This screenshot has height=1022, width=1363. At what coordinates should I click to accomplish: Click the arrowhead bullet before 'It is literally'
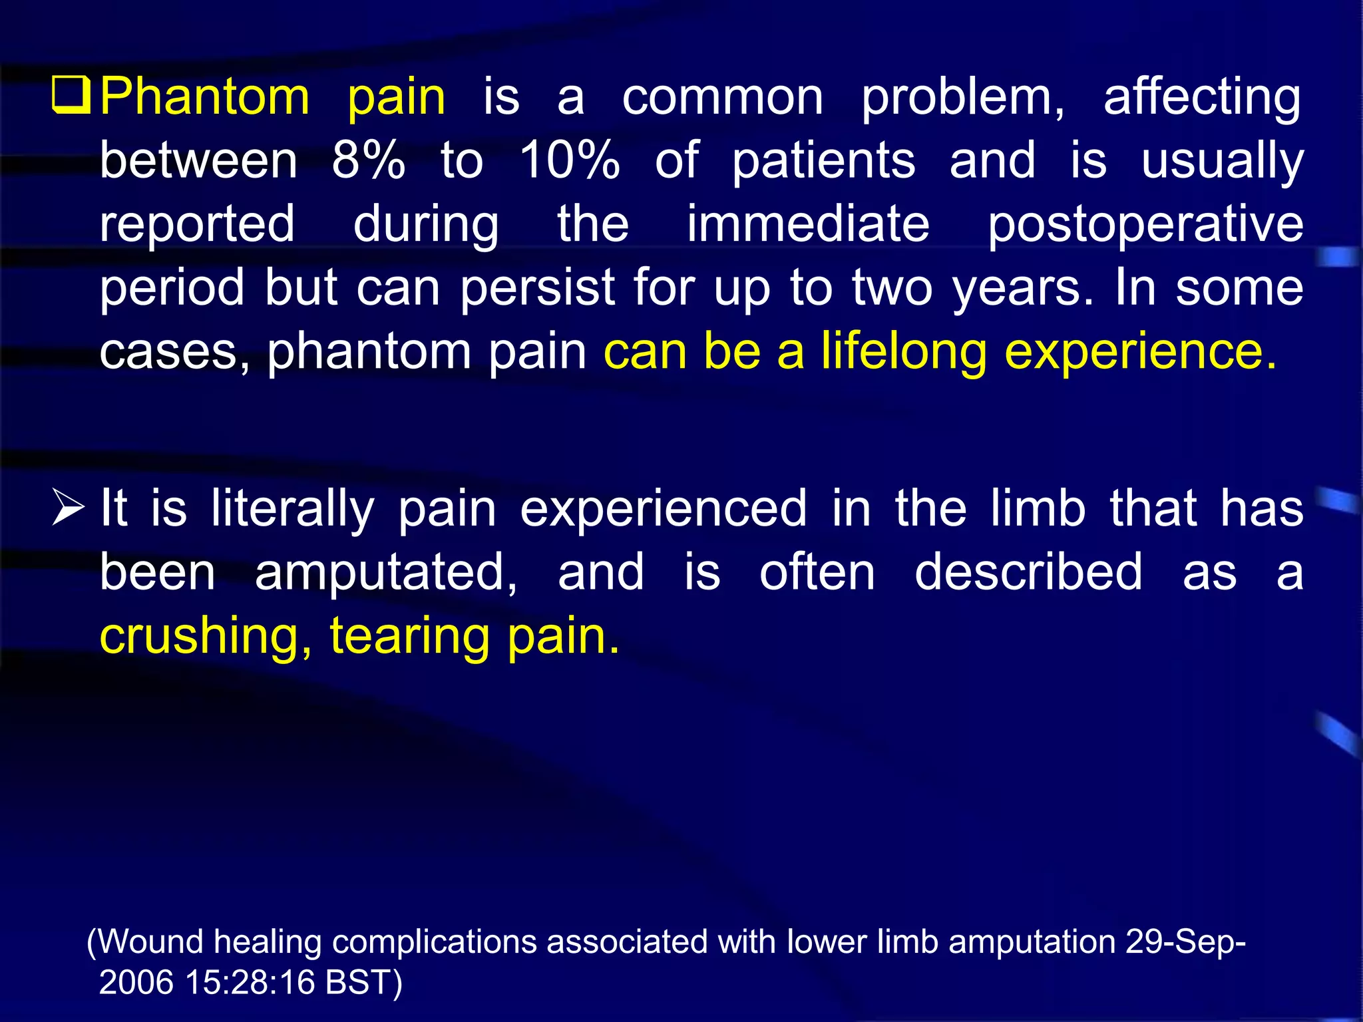(69, 509)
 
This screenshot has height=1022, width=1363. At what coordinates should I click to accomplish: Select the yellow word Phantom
(205, 97)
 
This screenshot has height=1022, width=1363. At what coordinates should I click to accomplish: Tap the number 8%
(368, 161)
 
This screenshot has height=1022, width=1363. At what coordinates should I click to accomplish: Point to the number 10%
(569, 161)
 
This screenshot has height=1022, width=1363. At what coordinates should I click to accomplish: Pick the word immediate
(808, 224)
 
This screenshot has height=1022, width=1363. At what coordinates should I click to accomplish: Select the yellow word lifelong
(903, 353)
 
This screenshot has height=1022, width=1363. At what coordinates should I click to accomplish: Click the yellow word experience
(1139, 353)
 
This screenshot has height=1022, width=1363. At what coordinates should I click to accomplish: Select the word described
(1028, 573)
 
